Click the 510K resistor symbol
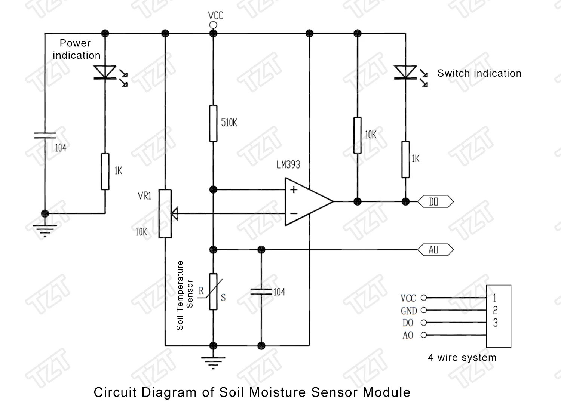point(213,123)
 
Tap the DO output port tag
point(435,202)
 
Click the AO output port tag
point(435,250)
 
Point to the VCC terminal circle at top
point(213,25)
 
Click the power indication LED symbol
point(105,72)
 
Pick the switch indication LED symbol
point(405,72)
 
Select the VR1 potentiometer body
point(165,213)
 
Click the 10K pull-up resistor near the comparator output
point(358,135)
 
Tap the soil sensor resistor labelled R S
point(213,292)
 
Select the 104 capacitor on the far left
point(45,135)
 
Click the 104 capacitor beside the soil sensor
point(261,292)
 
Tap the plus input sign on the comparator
point(294,190)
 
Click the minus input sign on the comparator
point(294,214)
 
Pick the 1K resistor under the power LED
point(105,171)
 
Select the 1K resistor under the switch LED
point(405,159)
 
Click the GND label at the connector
point(409,311)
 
